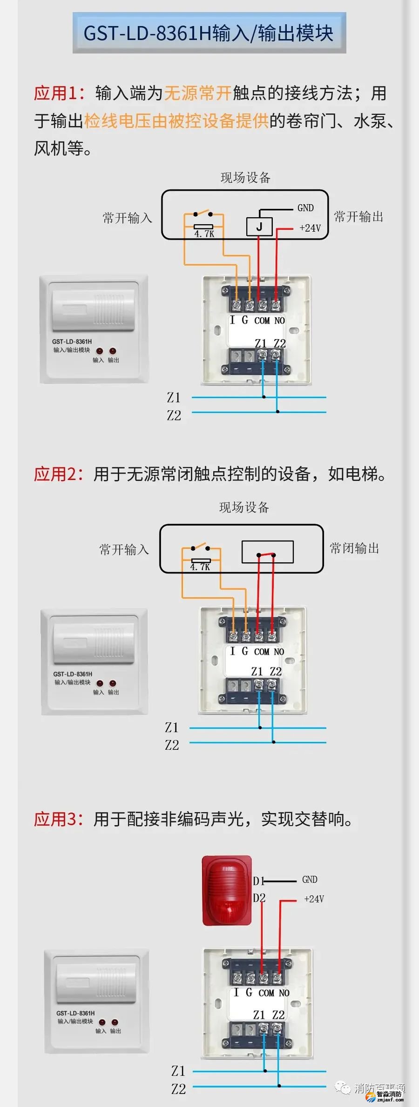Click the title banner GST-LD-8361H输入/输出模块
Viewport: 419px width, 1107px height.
[209, 33]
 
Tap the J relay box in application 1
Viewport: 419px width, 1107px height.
[259, 227]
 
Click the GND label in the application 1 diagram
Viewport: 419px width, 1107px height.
[305, 208]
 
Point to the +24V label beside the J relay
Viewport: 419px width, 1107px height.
[310, 228]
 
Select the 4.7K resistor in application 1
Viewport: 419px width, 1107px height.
[203, 227]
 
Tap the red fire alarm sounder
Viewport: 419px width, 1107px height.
[227, 891]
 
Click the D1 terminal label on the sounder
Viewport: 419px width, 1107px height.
[258, 881]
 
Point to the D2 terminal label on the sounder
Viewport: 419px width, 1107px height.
[259, 898]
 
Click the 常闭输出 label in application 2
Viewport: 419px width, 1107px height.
[354, 548]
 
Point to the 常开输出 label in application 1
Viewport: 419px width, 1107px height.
[358, 217]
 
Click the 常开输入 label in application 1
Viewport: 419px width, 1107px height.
[127, 218]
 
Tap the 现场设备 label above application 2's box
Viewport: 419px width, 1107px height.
[244, 507]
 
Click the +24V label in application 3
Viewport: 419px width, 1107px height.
[314, 899]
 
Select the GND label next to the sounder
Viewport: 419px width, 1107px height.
[310, 880]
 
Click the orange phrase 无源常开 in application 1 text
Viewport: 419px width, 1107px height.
[198, 93]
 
